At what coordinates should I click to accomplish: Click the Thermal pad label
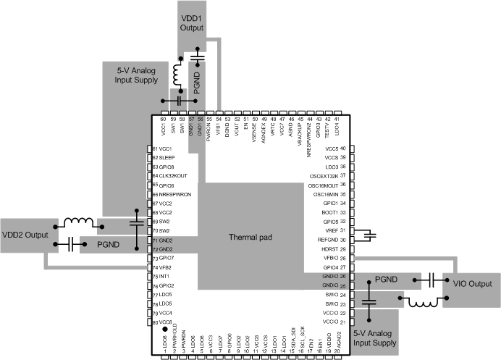tap(248, 238)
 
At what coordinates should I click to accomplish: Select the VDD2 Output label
tap(24, 235)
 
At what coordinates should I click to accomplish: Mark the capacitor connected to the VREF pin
tap(369, 234)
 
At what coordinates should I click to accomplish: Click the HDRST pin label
tap(329, 248)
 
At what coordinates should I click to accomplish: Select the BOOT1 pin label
tap(329, 212)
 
